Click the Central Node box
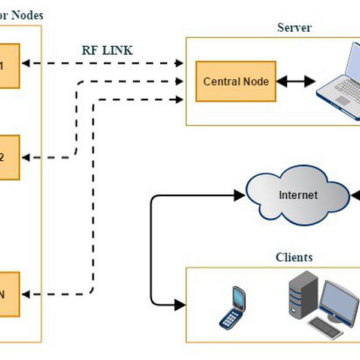(236, 81)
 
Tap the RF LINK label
(107, 50)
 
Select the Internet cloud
(298, 196)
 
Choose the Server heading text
(295, 28)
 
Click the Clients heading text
(294, 257)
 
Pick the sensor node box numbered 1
(8, 65)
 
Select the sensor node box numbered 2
(8, 157)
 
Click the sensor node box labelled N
(8, 294)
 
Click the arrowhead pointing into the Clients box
(179, 305)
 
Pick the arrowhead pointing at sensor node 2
(28, 157)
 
